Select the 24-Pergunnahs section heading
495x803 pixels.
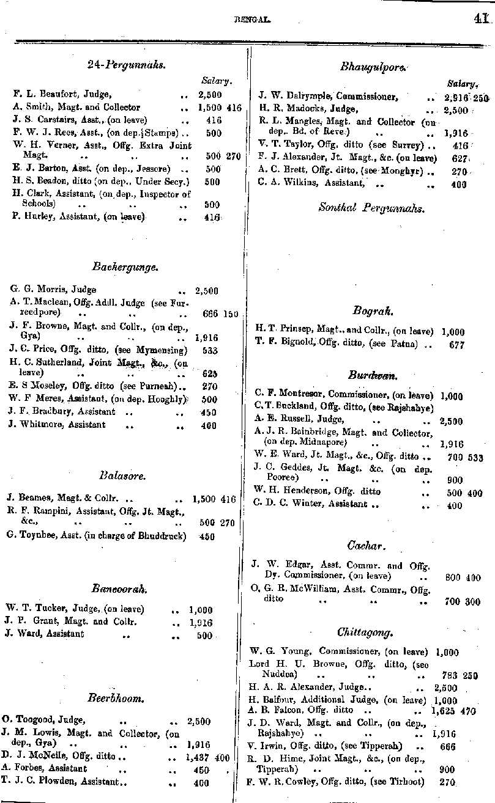pos(127,64)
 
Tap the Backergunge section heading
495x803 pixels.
pos(125,266)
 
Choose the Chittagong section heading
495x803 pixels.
pos(365,631)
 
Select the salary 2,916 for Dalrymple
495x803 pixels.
pos(456,98)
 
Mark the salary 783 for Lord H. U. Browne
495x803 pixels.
pos(448,675)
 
